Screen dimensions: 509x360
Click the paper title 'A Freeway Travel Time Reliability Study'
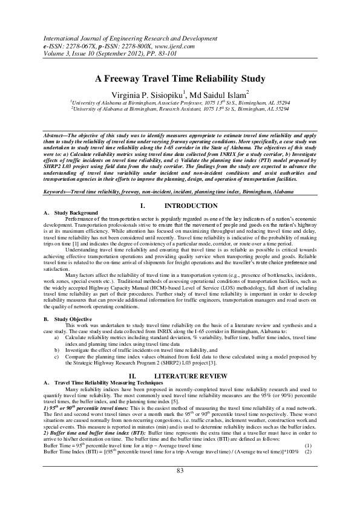(x=180, y=79)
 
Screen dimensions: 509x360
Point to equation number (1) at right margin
(x=307, y=446)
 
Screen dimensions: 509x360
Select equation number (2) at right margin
(x=307, y=452)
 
